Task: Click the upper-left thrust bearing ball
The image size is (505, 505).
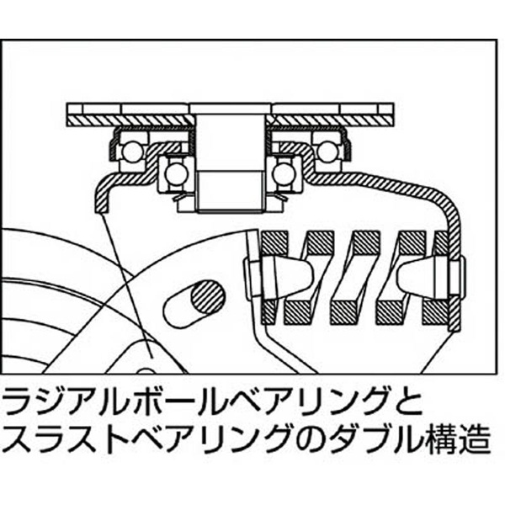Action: (132, 151)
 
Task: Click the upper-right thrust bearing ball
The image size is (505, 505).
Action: (328, 151)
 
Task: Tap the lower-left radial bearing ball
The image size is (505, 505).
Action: (176, 174)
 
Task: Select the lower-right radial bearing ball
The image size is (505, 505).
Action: (284, 174)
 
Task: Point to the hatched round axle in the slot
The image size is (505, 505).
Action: (208, 296)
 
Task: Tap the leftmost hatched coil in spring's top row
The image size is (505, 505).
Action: (274, 242)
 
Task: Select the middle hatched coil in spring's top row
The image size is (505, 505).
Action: (366, 242)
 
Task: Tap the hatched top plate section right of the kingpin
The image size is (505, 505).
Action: (330, 120)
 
